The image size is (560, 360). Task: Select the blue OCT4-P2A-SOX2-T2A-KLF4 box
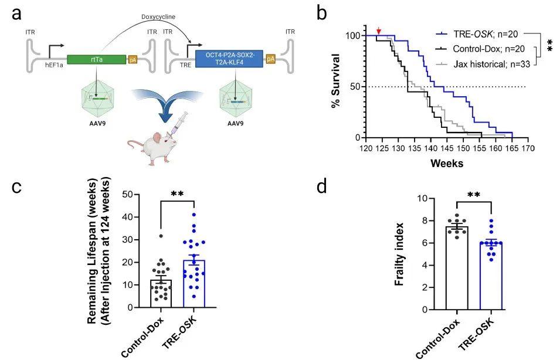[229, 59]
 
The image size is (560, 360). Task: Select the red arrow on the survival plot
[379, 30]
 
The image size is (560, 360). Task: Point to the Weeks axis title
[446, 163]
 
